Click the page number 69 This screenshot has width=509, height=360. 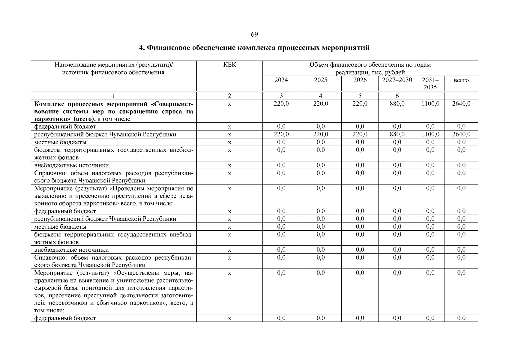coord(254,34)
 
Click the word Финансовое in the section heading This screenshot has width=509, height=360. coord(169,48)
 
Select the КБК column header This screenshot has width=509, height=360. coord(229,65)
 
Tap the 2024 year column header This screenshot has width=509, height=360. coord(281,80)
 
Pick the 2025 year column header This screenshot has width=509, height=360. coord(320,80)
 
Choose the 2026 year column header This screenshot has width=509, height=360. coord(360,80)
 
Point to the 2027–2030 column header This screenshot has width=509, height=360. coord(397,80)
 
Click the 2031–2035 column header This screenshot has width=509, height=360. coord(430,84)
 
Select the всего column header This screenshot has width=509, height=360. coord(461,80)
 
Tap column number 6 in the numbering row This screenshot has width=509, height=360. coord(397,96)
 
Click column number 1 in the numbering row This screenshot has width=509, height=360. coord(113,96)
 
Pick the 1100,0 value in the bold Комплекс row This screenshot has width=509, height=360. coord(430,104)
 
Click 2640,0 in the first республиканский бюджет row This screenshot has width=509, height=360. coord(461,134)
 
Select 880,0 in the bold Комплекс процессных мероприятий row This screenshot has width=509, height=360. coord(397,104)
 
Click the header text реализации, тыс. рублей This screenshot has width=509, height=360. coord(370,72)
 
